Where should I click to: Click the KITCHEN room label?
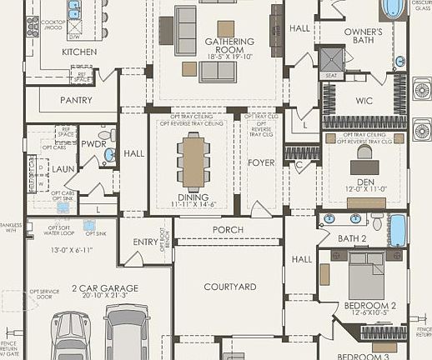pos(79,52)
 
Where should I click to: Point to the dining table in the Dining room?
pos(194,160)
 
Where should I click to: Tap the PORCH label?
pos(229,230)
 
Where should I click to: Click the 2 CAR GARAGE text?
pos(104,288)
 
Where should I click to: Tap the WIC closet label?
pos(363,101)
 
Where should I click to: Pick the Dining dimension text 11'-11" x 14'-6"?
pos(194,204)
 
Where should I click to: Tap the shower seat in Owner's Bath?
pos(330,75)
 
